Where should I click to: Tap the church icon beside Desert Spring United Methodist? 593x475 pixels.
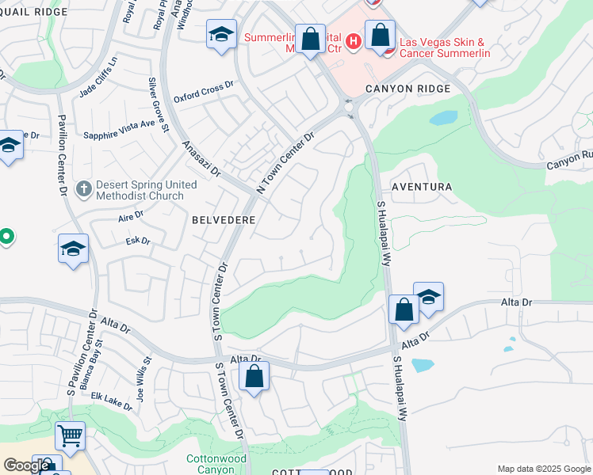[x=83, y=188]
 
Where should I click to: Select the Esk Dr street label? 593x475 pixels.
[x=137, y=241]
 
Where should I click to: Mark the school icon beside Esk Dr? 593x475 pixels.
[x=73, y=249]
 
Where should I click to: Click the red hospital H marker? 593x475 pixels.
[x=354, y=38]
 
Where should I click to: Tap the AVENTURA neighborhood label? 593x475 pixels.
[x=421, y=188]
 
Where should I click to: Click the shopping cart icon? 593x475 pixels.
[x=70, y=435]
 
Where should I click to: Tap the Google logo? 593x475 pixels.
[x=25, y=465]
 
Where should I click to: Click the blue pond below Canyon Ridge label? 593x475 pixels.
[x=444, y=118]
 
